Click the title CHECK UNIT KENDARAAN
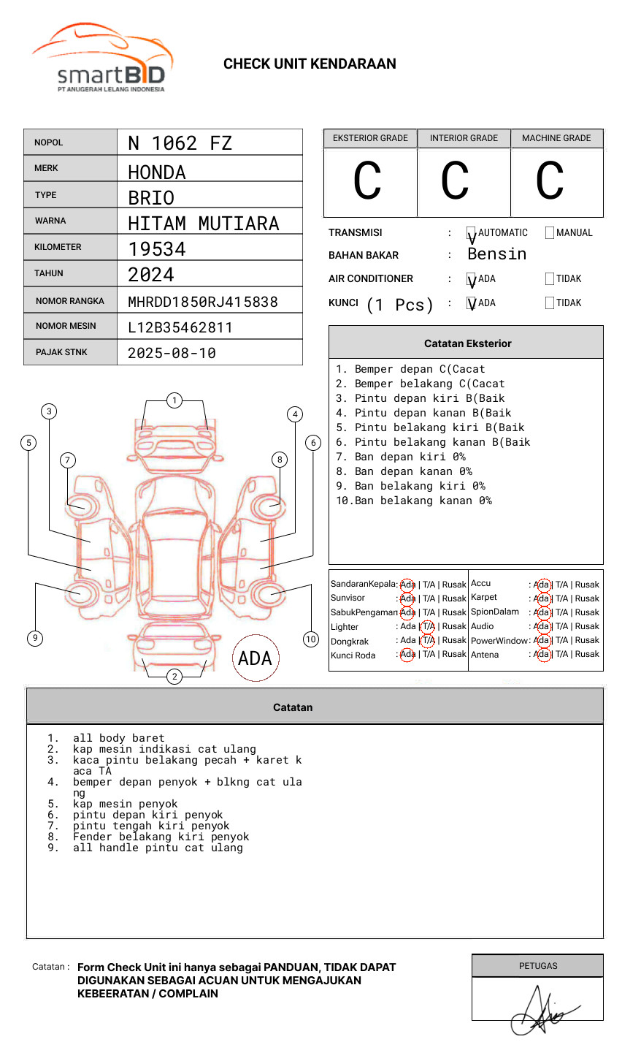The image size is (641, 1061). pyautogui.click(x=310, y=64)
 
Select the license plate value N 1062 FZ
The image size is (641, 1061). pyautogui.click(x=180, y=143)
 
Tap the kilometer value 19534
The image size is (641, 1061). pyautogui.click(x=157, y=249)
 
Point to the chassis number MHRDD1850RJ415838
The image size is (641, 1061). pyautogui.click(x=203, y=302)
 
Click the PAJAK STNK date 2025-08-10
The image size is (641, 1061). pyautogui.click(x=172, y=353)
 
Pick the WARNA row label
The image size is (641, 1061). pyautogui.click(x=50, y=221)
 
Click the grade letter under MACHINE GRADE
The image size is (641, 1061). pyautogui.click(x=550, y=181)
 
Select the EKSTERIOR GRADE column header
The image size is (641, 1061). pyautogui.click(x=370, y=138)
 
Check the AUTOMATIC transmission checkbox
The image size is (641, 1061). pyautogui.click(x=472, y=233)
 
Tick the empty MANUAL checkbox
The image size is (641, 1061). pyautogui.click(x=550, y=233)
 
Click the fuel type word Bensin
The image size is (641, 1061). pyautogui.click(x=496, y=254)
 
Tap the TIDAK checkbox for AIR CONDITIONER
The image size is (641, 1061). pyautogui.click(x=550, y=278)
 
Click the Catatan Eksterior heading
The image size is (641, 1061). pyautogui.click(x=467, y=343)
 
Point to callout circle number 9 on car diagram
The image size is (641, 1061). pyautogui.click(x=35, y=638)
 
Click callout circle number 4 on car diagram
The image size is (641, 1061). pyautogui.click(x=295, y=414)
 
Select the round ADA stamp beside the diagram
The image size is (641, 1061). pyautogui.click(x=256, y=658)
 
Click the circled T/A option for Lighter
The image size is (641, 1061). pyautogui.click(x=428, y=626)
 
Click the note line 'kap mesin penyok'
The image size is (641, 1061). pyautogui.click(x=125, y=804)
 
